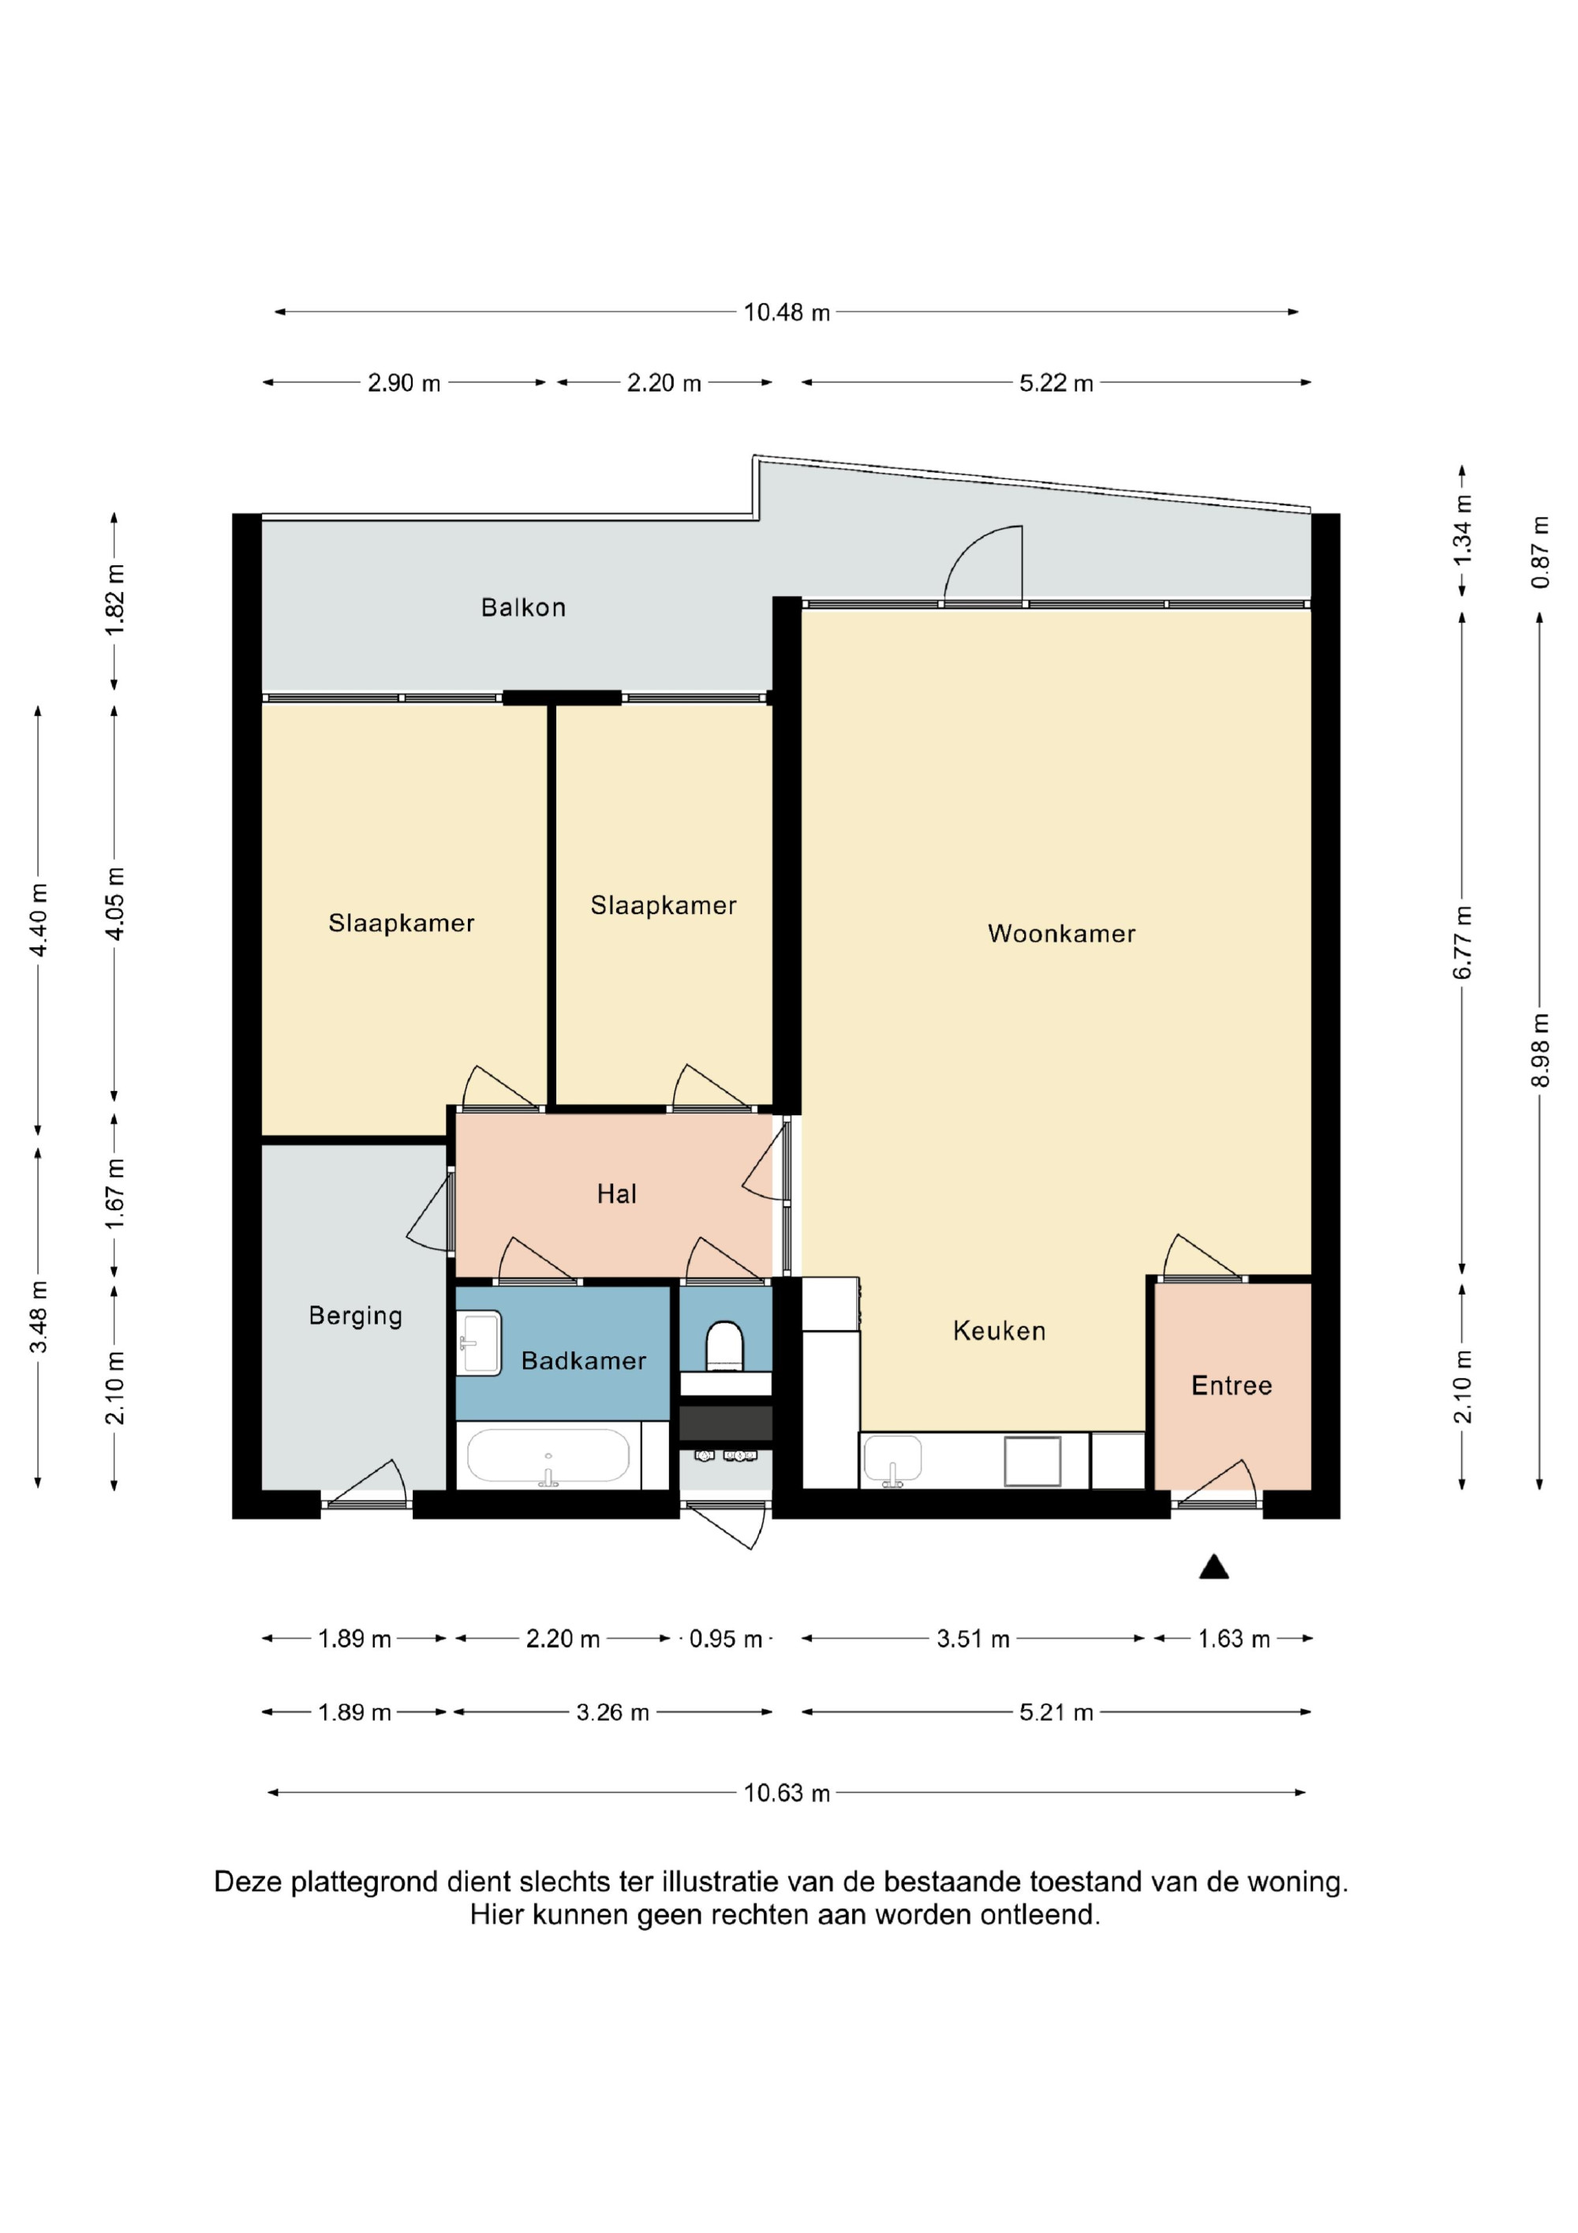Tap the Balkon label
[x=523, y=608]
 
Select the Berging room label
[x=355, y=1316]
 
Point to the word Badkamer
[x=583, y=1361]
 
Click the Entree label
[x=1231, y=1385]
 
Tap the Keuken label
[x=999, y=1331]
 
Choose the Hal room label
[x=616, y=1193]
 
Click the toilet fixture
[x=724, y=1345]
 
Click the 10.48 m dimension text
[x=787, y=313]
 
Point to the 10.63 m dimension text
[x=787, y=1793]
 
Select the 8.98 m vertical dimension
[x=1539, y=1051]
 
